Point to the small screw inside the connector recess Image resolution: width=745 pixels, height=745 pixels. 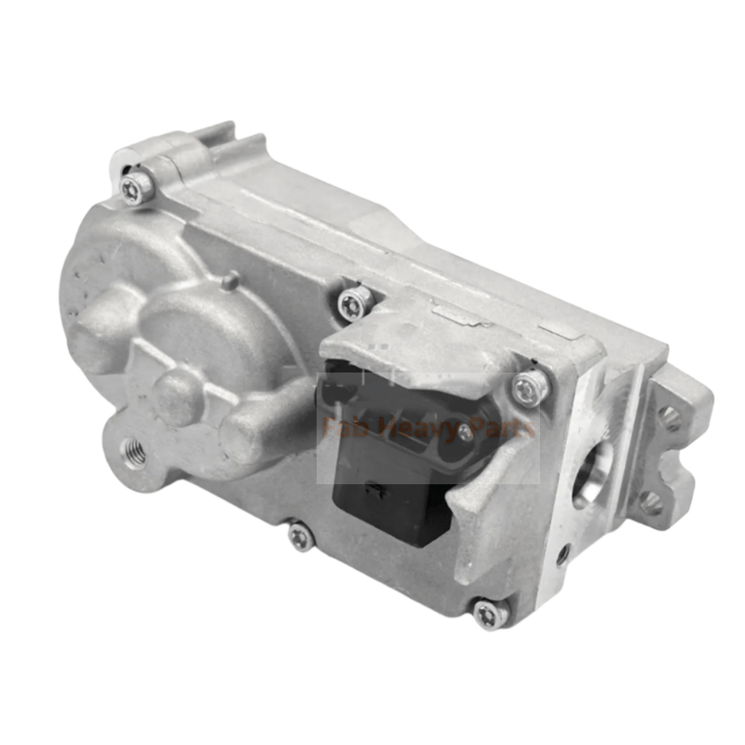coord(466,430)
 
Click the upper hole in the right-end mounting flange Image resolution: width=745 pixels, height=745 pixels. coord(668,415)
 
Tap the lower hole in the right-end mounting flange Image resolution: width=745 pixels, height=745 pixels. coord(651,504)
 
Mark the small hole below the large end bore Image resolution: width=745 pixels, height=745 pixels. coord(562,556)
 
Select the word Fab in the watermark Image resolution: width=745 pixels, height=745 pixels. coord(340,429)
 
